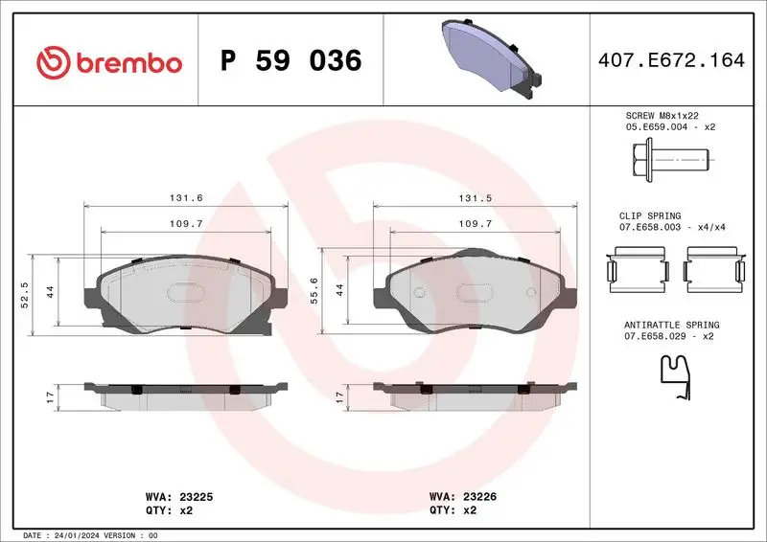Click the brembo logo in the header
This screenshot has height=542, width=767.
tap(108, 62)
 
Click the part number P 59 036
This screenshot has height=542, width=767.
tap(291, 62)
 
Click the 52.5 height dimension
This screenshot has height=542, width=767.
tap(25, 295)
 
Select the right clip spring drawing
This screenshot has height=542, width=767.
tap(714, 265)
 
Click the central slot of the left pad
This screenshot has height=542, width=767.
tap(184, 294)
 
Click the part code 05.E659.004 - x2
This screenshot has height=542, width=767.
tap(670, 126)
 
